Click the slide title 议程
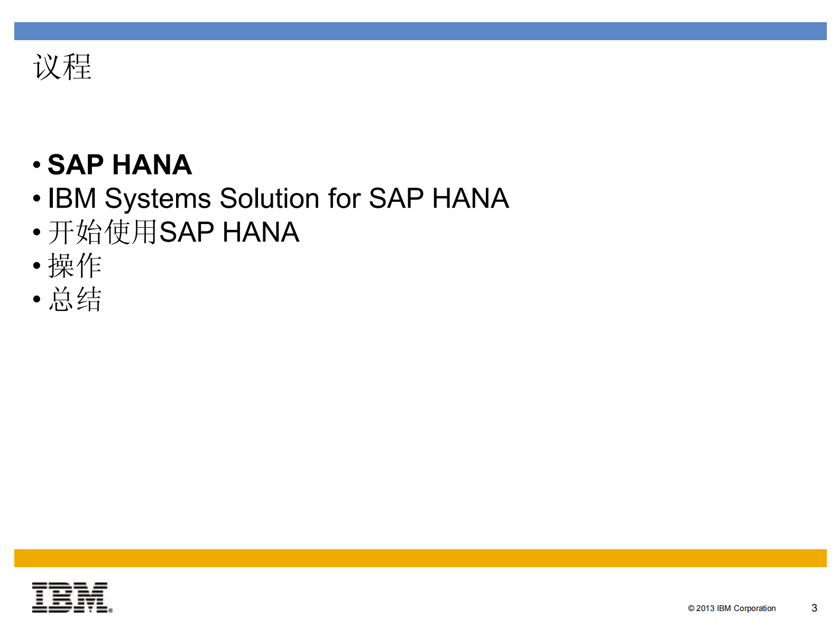[x=62, y=67]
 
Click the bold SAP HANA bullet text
[x=119, y=164]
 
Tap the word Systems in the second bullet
[x=158, y=199]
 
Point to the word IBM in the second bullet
[x=72, y=199]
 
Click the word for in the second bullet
[x=344, y=199]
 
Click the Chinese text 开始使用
[x=103, y=233]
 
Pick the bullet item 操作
[x=75, y=265]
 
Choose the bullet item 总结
[x=75, y=299]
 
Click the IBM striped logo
[x=72, y=598]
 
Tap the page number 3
[x=814, y=608]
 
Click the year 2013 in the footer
[x=705, y=608]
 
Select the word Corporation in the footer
[x=754, y=608]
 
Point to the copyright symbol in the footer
[x=691, y=608]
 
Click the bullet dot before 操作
[x=36, y=265]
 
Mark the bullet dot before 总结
[x=36, y=299]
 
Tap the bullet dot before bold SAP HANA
[x=36, y=164]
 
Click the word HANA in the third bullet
[x=261, y=233]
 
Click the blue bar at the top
[x=420, y=31]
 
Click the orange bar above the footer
[x=420, y=558]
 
